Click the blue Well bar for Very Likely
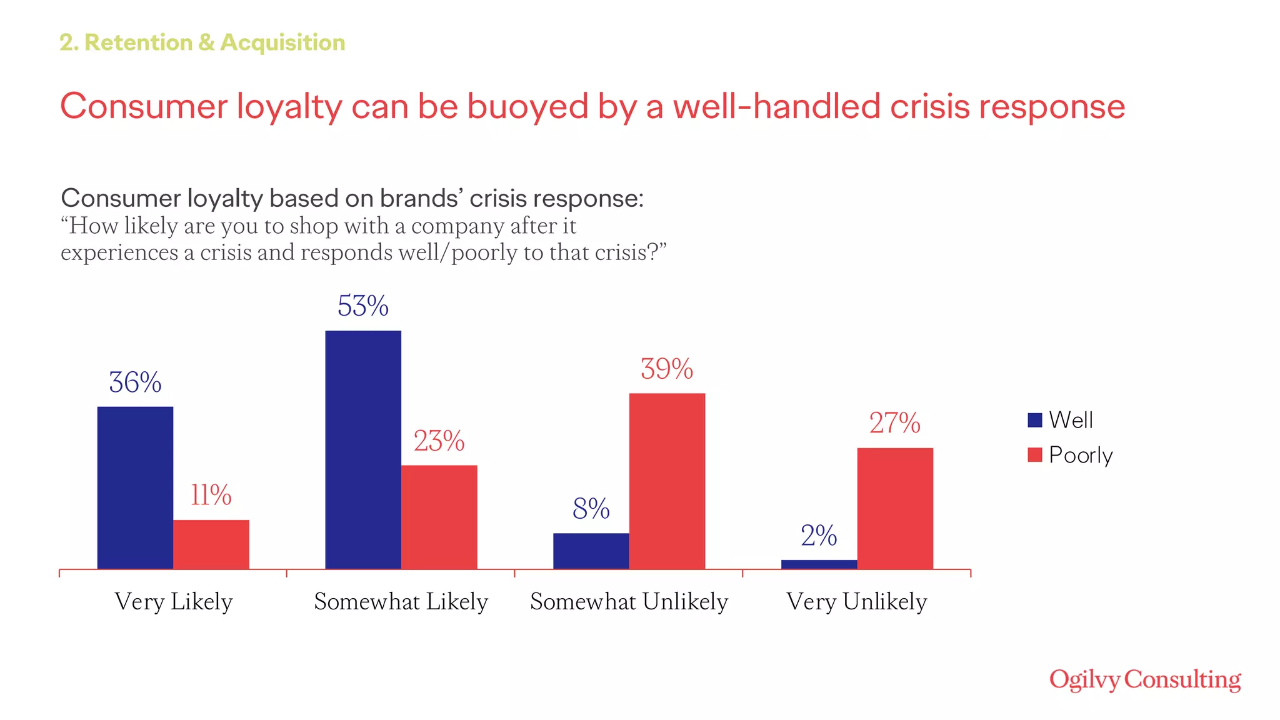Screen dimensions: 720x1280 coord(135,487)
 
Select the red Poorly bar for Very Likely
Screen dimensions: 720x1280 coord(211,544)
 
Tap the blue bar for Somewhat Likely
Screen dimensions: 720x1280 coord(363,449)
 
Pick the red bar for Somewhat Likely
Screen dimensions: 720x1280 coord(439,516)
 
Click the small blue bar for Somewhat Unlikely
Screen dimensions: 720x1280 coord(591,551)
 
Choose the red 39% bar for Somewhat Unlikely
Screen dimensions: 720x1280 coord(667,481)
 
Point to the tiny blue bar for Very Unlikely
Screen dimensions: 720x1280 coord(819,564)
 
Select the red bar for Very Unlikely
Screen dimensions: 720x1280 coord(894,508)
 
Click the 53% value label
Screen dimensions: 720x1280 coord(363,306)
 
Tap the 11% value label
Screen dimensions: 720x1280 coord(211,496)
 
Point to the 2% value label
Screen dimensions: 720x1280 coord(819,536)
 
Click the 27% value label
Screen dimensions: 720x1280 coord(894,423)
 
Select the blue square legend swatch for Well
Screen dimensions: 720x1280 coord(1034,420)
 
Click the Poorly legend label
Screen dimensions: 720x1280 coord(1081,455)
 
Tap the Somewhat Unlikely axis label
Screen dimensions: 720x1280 coord(629,601)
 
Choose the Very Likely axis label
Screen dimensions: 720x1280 coord(174,601)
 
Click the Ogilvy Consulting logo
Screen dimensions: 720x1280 coord(1145,680)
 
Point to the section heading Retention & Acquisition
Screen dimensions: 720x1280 coord(202,42)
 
